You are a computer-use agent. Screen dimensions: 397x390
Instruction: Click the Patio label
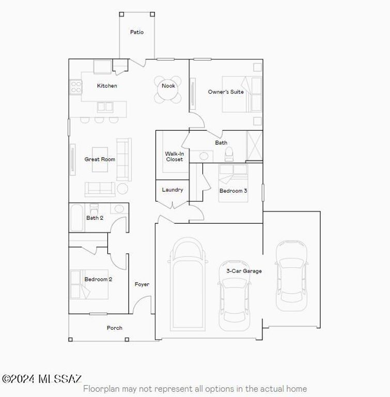pyautogui.click(x=137, y=32)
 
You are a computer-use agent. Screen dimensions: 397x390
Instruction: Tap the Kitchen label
pyautogui.click(x=107, y=86)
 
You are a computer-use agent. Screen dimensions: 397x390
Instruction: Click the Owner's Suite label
pyautogui.click(x=226, y=92)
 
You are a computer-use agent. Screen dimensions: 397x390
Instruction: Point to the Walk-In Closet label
pyautogui.click(x=174, y=157)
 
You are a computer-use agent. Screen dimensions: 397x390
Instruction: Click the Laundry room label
pyautogui.click(x=172, y=190)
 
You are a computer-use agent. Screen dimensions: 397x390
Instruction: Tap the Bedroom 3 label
pyautogui.click(x=233, y=191)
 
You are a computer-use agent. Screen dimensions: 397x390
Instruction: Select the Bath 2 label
pyautogui.click(x=95, y=218)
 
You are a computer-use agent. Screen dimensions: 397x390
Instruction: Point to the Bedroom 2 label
pyautogui.click(x=98, y=279)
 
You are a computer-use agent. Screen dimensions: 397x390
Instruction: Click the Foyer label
pyautogui.click(x=142, y=284)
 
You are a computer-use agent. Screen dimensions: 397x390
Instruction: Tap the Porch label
pyautogui.click(x=115, y=328)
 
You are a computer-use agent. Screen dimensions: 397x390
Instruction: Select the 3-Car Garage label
pyautogui.click(x=244, y=271)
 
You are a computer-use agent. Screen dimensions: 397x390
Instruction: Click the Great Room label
pyautogui.click(x=100, y=159)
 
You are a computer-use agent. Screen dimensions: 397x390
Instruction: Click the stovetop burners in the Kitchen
pyautogui.click(x=75, y=87)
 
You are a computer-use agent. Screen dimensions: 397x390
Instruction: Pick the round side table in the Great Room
pyautogui.click(x=122, y=188)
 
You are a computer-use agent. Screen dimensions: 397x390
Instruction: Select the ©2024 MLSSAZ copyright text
pyautogui.click(x=41, y=379)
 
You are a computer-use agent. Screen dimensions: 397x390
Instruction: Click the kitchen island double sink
pyautogui.click(x=105, y=107)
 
